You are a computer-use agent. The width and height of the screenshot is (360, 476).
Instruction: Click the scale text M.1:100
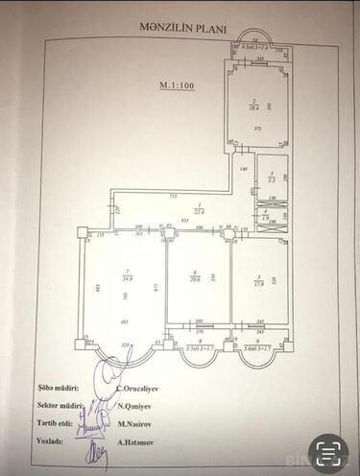[x=176, y=85]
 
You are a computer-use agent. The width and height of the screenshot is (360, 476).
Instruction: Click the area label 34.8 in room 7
[x=127, y=279]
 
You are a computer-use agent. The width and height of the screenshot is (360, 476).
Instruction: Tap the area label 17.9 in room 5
[x=257, y=283]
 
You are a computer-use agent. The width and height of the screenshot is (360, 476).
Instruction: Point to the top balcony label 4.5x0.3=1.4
[x=254, y=46]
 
